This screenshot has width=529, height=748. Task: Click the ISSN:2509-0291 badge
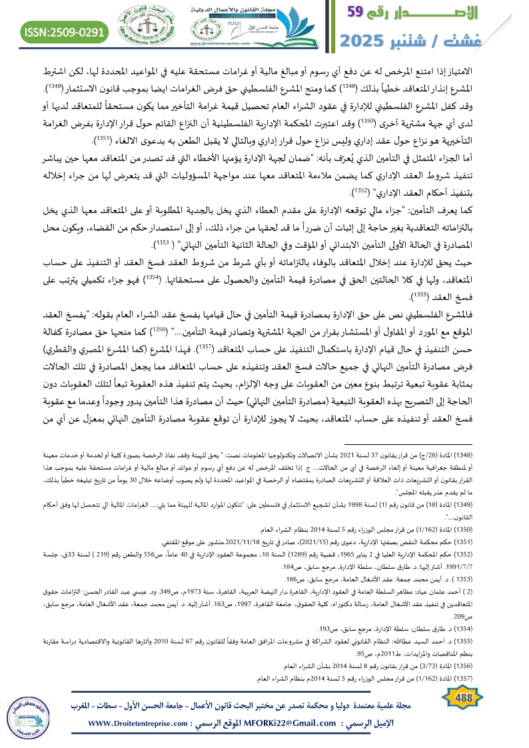65,31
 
